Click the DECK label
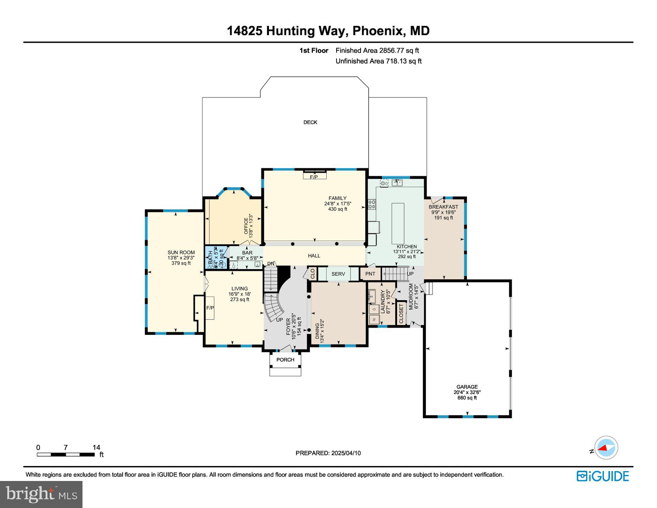tap(310, 122)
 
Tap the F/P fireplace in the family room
tap(314, 175)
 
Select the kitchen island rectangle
tap(398, 224)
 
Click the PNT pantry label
tap(370, 274)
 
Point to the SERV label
tap(338, 274)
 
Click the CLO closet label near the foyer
tap(312, 274)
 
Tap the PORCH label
tap(285, 360)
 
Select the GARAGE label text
tap(467, 387)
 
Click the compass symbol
tap(606, 448)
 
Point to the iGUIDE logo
tap(603, 476)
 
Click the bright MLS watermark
tap(41, 494)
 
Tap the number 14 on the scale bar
tap(96, 447)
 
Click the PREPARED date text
tap(328, 453)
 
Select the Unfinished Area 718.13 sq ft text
tap(379, 61)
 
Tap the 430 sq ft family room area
tap(338, 209)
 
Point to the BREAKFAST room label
tap(443, 207)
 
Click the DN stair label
tap(271, 264)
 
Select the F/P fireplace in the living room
tap(210, 308)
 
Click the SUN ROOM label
tap(181, 252)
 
